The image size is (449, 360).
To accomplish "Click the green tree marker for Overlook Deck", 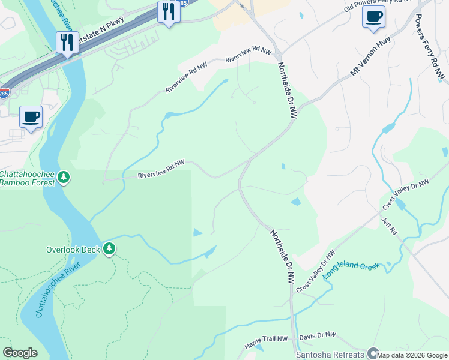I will pos(109,248).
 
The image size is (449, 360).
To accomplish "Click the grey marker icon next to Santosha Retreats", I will pos(372,354).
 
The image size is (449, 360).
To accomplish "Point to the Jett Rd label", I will pos(389,226).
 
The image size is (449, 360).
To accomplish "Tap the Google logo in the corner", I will pos(20,352).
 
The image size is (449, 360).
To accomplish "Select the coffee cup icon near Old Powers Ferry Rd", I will pos(373,17).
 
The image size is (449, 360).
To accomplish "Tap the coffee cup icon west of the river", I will pos(31,116).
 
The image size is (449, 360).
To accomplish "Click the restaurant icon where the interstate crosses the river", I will pos(66,43).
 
